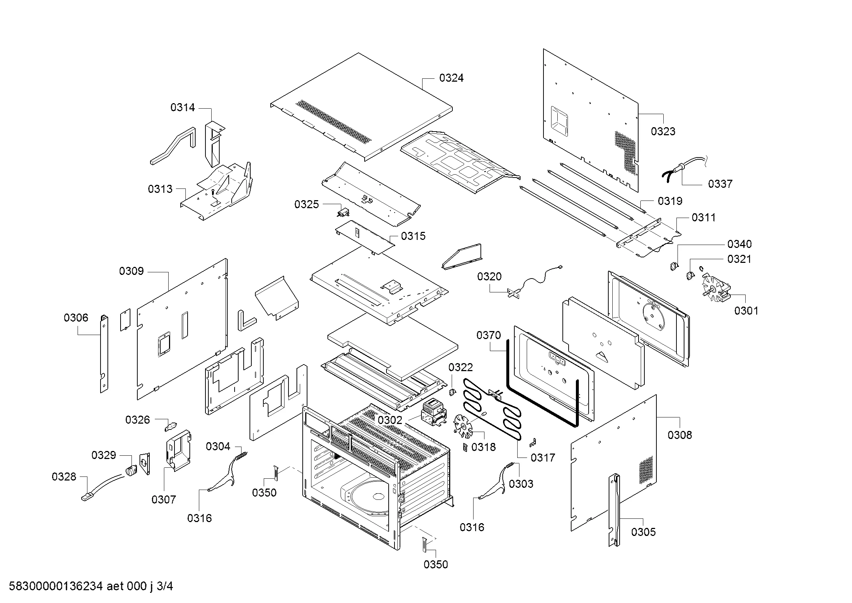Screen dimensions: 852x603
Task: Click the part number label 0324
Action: (x=451, y=78)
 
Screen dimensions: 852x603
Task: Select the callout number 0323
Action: (x=663, y=132)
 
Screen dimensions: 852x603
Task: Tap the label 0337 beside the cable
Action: (x=720, y=184)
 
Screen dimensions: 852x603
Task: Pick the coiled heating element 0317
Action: (x=492, y=408)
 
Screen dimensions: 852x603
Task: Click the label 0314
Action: (x=182, y=108)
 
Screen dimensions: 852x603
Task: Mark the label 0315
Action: (x=413, y=236)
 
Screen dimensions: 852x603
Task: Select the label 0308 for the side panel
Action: (x=680, y=435)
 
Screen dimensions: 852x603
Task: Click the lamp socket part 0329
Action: (x=131, y=471)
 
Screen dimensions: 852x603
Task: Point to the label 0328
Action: (x=64, y=477)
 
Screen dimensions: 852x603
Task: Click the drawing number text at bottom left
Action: (x=91, y=586)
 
